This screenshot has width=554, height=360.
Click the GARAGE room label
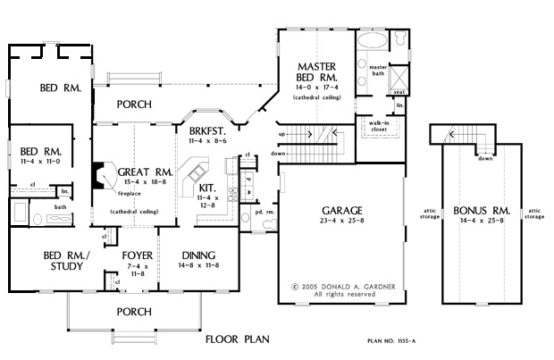330,211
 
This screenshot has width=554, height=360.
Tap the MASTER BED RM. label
316,71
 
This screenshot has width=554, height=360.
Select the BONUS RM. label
481,211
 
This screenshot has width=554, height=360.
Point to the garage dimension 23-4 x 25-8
330,222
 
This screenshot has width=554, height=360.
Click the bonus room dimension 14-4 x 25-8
481,222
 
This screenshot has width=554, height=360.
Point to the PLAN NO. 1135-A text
399,341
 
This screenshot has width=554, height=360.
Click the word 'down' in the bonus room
484,159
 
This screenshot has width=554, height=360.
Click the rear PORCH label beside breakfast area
134,105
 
